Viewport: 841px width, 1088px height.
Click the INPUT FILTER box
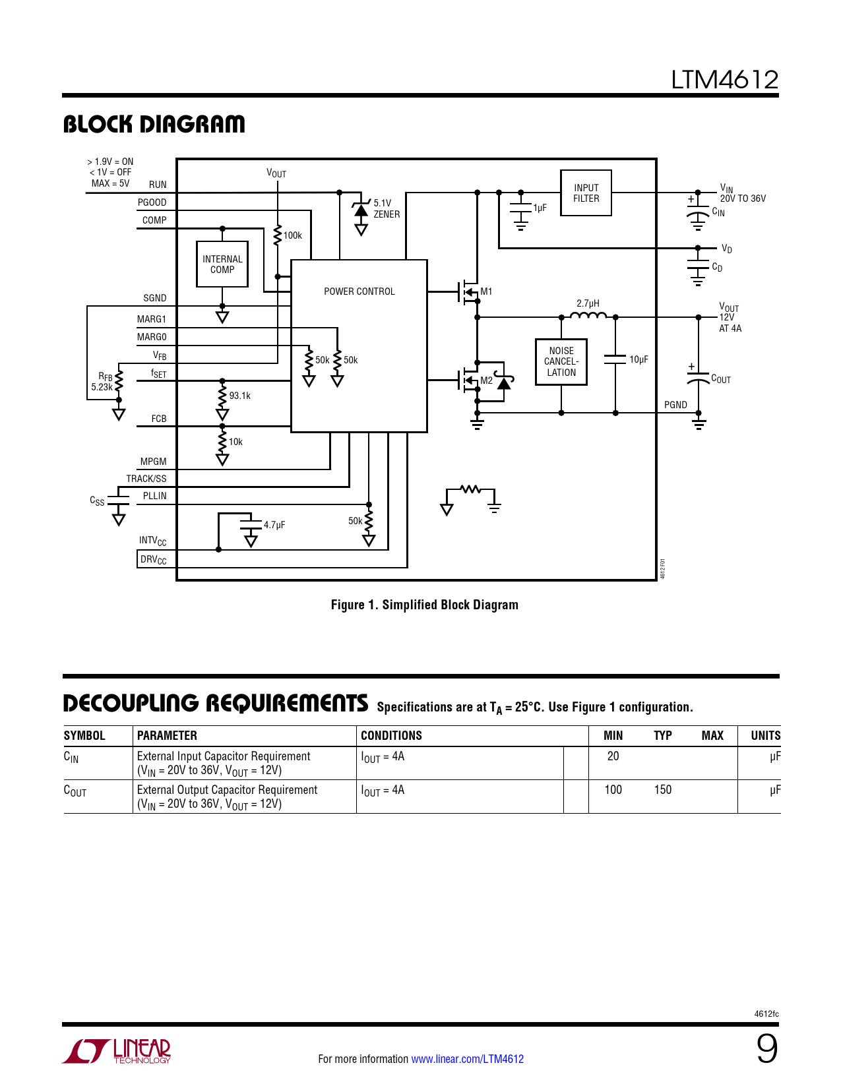coord(586,193)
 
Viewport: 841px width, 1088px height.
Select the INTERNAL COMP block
coord(222,264)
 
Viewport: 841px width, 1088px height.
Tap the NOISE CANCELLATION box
coord(561,361)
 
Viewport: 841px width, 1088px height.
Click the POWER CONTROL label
coord(359,291)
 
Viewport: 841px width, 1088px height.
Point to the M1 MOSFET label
coord(486,291)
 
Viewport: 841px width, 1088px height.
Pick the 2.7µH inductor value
coord(588,303)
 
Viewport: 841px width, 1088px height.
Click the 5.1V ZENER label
coord(387,208)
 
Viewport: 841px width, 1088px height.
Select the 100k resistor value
coord(292,235)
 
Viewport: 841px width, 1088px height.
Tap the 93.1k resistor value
coord(240,396)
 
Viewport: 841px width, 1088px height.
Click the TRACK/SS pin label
coord(146,479)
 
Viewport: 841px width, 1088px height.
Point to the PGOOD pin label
coord(152,202)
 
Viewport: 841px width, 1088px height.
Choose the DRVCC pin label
coord(153,560)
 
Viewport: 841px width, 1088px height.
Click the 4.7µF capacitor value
coord(274,525)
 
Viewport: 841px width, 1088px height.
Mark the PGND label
coord(675,405)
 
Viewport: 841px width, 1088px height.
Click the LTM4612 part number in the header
coord(724,80)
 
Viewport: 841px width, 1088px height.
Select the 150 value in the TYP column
coord(662,789)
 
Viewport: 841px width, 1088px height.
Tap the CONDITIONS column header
coord(391,735)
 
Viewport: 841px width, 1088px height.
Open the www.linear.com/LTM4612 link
coord(468,1059)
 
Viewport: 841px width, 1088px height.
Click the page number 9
coord(767,1050)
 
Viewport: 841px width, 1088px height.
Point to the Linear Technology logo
coord(116,1051)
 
